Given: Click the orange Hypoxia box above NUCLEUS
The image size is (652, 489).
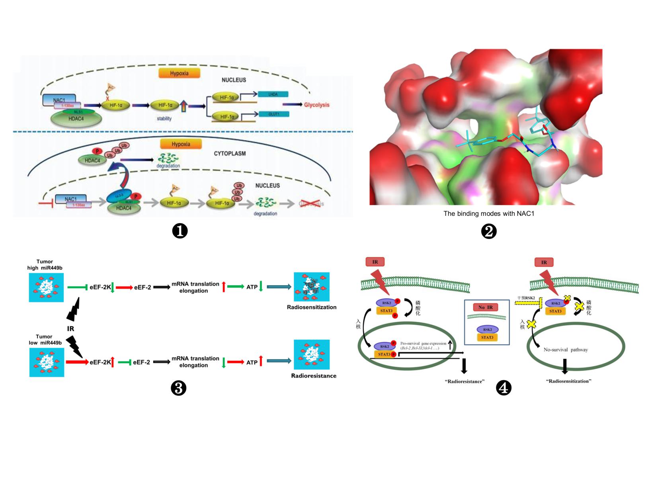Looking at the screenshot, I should point(179,73).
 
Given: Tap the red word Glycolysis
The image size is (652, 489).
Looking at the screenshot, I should point(317,105).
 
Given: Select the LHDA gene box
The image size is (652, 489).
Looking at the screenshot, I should point(273,94).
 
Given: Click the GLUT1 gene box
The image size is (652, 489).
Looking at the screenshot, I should point(274,114).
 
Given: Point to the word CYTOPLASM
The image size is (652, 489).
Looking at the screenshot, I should point(230,153).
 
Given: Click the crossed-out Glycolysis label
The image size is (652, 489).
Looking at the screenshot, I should point(311,203).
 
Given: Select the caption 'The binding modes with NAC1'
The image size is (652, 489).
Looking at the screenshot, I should point(489,214).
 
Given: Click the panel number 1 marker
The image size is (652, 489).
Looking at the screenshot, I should point(180,231).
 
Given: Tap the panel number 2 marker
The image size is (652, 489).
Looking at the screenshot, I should point(489,231).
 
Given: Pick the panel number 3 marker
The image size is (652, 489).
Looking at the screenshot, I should point(178,388).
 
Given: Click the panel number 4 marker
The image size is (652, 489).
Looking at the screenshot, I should point(504,388).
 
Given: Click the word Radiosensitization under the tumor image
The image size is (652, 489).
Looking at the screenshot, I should point(312,307).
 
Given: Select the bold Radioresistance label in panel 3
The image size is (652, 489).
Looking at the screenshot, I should point(314,376).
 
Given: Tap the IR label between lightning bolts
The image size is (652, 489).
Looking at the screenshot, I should point(70,329).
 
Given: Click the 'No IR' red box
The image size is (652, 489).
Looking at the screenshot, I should point(485,307).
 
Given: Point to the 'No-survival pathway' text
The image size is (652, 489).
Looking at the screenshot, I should point(566,350).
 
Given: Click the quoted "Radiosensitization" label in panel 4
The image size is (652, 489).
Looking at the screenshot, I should point(568,381).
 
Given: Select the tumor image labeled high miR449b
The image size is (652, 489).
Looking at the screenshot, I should point(46,287).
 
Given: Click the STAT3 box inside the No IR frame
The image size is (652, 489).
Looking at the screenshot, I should point(487,337).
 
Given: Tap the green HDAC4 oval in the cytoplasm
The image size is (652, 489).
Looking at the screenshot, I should point(92,160).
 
